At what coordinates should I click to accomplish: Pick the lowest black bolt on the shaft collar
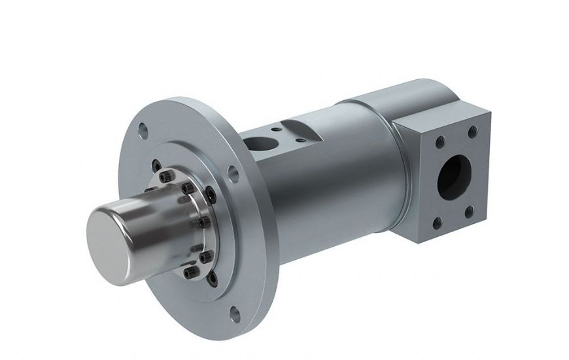click(x=190, y=272)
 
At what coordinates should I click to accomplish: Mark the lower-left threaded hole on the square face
click(x=437, y=223)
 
